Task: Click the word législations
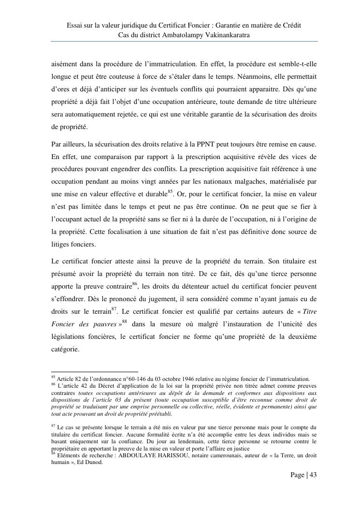[x=69, y=336]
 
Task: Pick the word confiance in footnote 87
[x=143, y=441]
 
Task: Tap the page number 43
[x=312, y=475]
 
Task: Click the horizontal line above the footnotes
[x=87, y=372]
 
